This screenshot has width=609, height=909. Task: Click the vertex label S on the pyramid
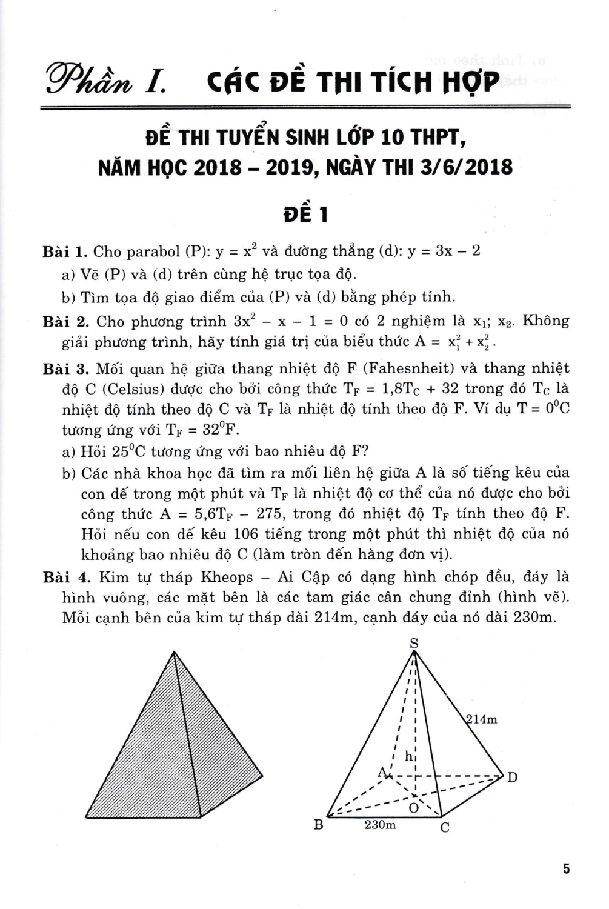pos(414,643)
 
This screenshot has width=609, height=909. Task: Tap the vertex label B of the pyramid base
pos(318,825)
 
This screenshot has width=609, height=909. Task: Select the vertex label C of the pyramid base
pos(445,828)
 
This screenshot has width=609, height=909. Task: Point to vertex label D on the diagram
pos(513,777)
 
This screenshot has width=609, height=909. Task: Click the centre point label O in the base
pos(414,807)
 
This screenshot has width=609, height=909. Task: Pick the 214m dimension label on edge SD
pos(482,719)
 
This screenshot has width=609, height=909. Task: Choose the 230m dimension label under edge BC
pos(380,825)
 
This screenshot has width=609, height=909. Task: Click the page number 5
pos(566,869)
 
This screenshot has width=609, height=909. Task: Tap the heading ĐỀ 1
pos(305,215)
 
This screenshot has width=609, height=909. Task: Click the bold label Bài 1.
pos(65,251)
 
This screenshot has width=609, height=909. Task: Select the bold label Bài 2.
pos(65,321)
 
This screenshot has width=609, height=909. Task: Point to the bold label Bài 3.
pos(65,368)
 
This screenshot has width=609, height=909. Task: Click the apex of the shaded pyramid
pos(175,652)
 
